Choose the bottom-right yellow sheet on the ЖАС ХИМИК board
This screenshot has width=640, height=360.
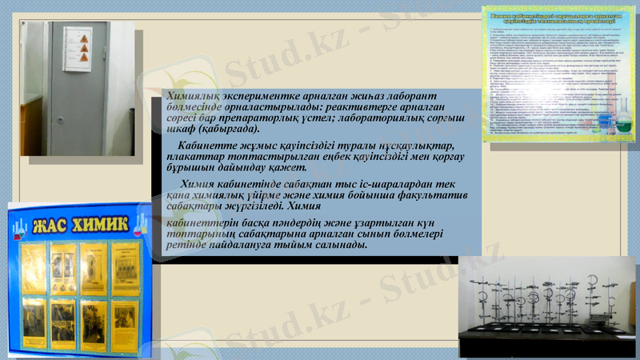tap(124, 323)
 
